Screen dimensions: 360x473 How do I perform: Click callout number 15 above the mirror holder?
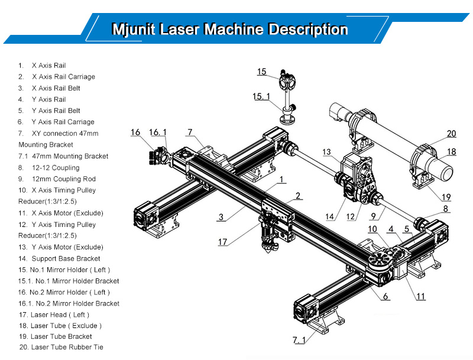(262, 72)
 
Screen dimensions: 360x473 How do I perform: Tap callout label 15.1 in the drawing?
(261, 95)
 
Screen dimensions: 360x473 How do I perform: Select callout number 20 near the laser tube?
(451, 133)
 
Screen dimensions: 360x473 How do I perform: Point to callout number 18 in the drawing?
(451, 152)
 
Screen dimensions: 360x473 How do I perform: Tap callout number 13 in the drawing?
(326, 152)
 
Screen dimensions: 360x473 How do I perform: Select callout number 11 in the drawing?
(420, 296)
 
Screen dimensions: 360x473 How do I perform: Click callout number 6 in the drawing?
(385, 296)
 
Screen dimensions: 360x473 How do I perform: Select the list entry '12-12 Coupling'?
(57, 168)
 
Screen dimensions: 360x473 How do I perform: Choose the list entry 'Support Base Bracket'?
(66, 258)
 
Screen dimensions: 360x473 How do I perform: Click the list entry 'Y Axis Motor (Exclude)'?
(67, 247)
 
